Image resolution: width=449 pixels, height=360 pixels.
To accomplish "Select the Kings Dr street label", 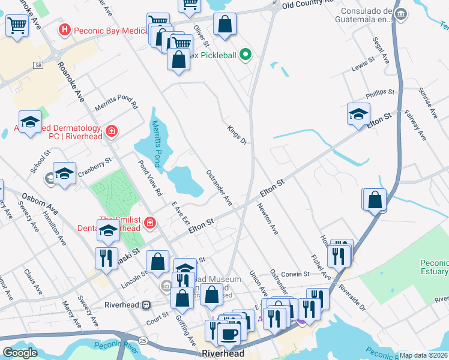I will [237, 134].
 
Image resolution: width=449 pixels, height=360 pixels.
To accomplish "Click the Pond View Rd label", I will [150, 178].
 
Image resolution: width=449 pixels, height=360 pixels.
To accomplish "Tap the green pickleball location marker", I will [245, 56].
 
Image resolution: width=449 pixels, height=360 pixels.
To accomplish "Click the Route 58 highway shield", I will [38, 65].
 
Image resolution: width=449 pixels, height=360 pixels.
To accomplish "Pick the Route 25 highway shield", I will [143, 340].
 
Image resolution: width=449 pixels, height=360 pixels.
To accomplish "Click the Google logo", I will [20, 353].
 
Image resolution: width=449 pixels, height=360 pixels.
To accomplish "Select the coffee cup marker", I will [228, 333].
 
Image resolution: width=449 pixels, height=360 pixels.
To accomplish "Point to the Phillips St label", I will [380, 94].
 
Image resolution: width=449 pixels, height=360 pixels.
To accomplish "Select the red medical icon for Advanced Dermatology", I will [111, 130].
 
